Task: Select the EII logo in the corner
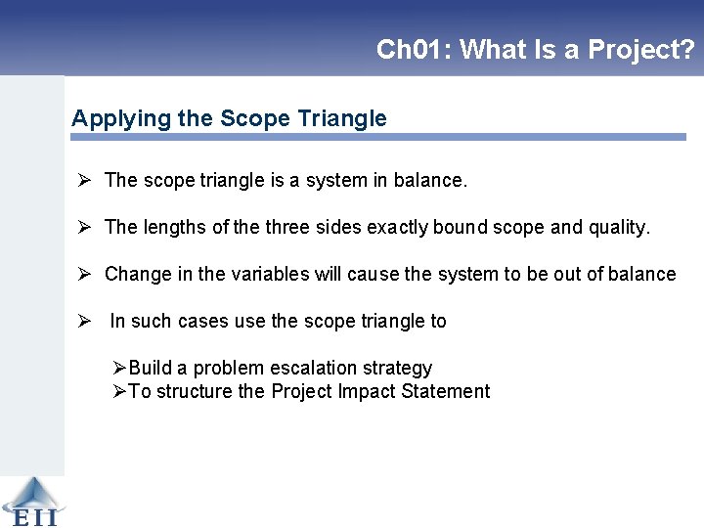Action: click(x=31, y=502)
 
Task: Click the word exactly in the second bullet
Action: click(x=397, y=227)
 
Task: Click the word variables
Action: click(x=271, y=274)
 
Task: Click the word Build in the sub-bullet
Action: click(x=151, y=368)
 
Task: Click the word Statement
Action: click(x=444, y=391)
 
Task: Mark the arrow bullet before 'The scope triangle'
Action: click(x=85, y=180)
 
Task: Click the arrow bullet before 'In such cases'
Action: click(x=85, y=321)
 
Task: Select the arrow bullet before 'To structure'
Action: click(x=118, y=391)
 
